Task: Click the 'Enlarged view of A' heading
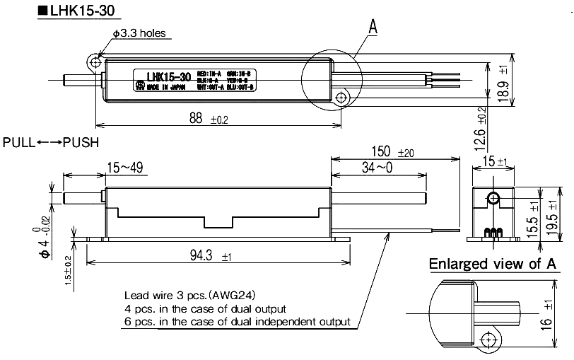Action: (493, 264)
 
